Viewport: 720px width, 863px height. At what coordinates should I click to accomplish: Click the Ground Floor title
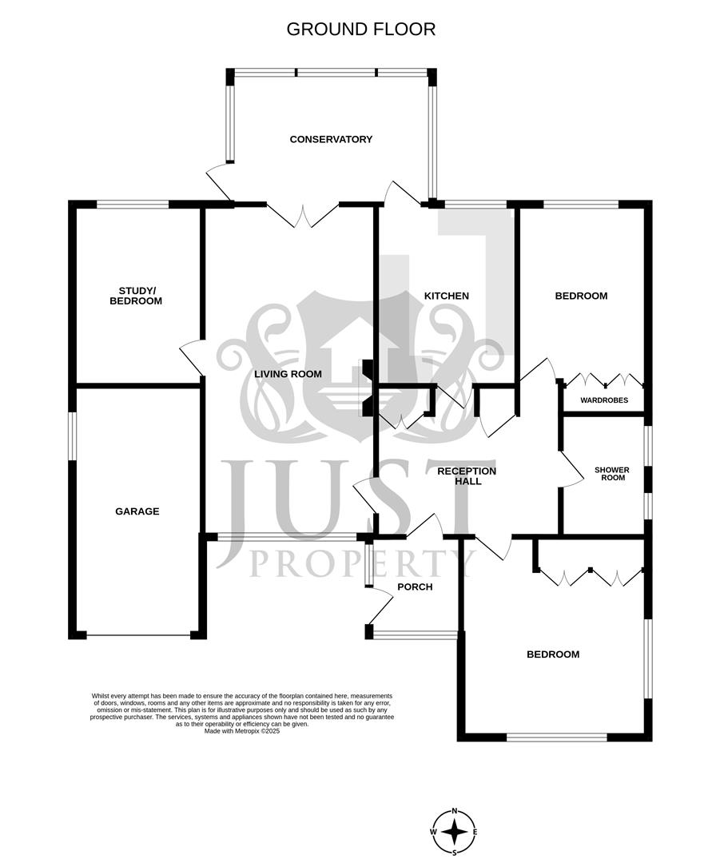[x=360, y=30]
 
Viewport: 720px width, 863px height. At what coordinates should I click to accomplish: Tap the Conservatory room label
[x=331, y=139]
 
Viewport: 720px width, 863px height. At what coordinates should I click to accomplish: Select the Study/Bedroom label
[x=140, y=296]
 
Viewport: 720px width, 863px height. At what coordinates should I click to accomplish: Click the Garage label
[x=137, y=511]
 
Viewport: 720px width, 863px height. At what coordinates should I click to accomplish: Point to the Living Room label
[x=288, y=374]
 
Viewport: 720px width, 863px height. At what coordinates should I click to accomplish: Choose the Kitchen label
[x=446, y=296]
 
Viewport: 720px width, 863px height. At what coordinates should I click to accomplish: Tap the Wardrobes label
[x=603, y=400]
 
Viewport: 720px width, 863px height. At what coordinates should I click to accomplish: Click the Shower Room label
[x=611, y=474]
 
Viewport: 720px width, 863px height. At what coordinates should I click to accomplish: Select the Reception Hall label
[x=466, y=476]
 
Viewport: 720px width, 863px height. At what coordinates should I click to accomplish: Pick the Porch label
[x=414, y=587]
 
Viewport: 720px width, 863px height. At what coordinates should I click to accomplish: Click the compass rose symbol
[x=455, y=831]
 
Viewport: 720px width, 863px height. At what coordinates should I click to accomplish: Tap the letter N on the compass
[x=455, y=809]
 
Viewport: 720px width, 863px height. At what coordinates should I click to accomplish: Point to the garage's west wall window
[x=72, y=436]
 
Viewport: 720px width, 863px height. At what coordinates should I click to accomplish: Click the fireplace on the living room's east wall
[x=368, y=388]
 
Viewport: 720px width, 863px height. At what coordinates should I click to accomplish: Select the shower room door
[x=574, y=471]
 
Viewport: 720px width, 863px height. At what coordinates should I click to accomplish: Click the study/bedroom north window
[x=133, y=205]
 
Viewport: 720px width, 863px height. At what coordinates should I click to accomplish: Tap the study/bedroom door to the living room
[x=193, y=356]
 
